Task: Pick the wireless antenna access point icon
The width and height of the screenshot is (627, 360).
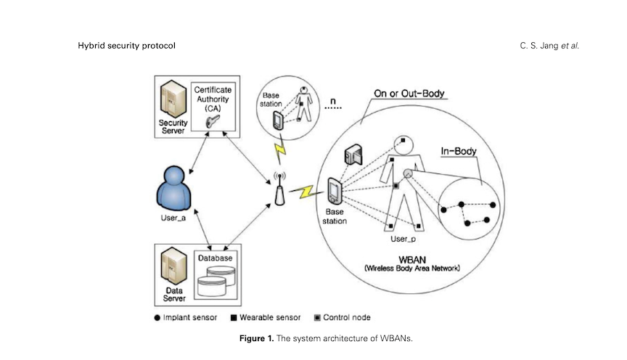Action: pyautogui.click(x=277, y=187)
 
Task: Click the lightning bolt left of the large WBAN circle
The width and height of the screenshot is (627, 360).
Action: pyautogui.click(x=304, y=192)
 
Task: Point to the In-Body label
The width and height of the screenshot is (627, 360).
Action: pyautogui.click(x=457, y=151)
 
